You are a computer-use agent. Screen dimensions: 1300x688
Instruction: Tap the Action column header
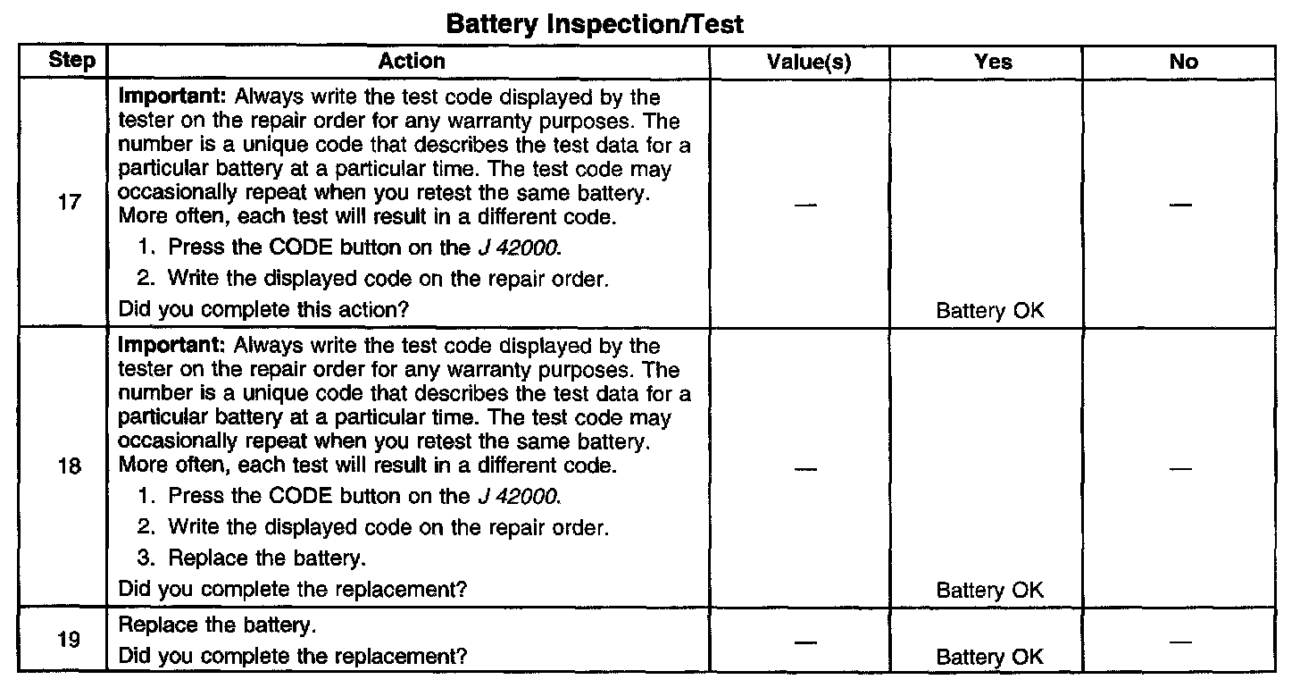(412, 61)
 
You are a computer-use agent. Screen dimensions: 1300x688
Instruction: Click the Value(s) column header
(809, 62)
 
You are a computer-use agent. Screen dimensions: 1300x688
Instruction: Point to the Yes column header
(994, 62)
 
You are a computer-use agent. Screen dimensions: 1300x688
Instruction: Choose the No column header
(1183, 62)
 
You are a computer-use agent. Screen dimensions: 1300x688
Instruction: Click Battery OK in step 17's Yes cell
(989, 311)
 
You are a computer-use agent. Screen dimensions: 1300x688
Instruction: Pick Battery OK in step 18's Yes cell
(989, 590)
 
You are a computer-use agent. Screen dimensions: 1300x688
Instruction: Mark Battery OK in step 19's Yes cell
(989, 657)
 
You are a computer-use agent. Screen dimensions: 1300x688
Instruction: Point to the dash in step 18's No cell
(1181, 468)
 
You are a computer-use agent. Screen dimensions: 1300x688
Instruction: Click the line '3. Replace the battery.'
(253, 558)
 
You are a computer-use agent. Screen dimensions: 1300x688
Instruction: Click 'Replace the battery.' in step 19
(217, 623)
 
